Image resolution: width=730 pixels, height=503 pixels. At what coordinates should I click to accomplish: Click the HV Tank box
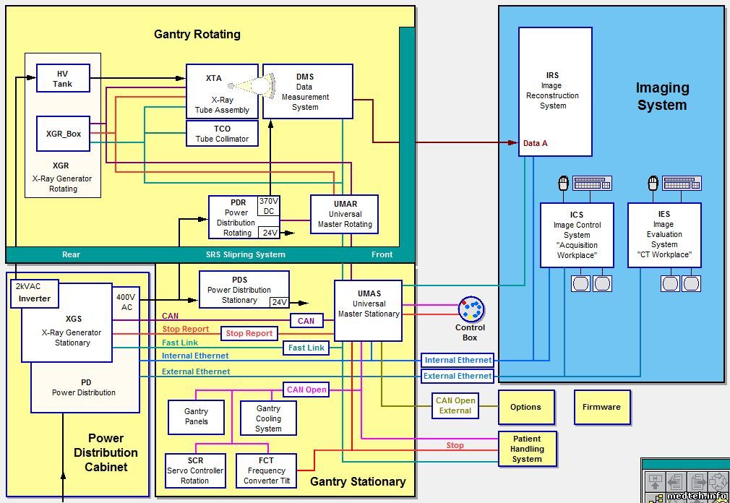click(x=63, y=79)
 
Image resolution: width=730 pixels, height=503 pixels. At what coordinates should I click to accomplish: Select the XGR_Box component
click(x=64, y=134)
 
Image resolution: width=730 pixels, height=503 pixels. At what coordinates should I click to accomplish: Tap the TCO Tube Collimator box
click(x=222, y=134)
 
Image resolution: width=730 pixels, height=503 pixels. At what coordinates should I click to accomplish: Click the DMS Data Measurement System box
click(x=307, y=92)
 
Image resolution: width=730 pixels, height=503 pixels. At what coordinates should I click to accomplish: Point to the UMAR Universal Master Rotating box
click(x=345, y=214)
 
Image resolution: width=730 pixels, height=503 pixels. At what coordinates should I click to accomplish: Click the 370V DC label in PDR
click(x=268, y=206)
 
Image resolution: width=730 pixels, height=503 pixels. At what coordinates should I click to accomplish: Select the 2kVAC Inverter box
click(x=35, y=293)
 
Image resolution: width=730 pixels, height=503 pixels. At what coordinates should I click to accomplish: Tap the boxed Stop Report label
click(x=249, y=333)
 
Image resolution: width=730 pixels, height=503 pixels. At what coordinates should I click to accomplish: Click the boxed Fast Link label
click(x=306, y=348)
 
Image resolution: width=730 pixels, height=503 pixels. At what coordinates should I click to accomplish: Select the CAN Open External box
click(x=455, y=405)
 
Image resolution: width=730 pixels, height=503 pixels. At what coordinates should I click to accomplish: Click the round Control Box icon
click(x=471, y=310)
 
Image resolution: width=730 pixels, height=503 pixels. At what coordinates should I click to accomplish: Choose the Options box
click(x=525, y=407)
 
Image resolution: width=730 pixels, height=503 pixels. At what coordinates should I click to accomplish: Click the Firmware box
click(x=601, y=407)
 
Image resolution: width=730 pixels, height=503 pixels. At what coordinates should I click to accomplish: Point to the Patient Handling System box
click(x=527, y=448)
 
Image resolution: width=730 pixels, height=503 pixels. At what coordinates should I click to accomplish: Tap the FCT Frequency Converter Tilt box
click(x=267, y=470)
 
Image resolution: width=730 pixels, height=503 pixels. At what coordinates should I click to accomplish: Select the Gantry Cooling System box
click(x=268, y=418)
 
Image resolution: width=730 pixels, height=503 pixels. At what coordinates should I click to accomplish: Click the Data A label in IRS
click(x=535, y=143)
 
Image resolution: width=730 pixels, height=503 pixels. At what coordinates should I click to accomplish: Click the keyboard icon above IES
click(x=679, y=183)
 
